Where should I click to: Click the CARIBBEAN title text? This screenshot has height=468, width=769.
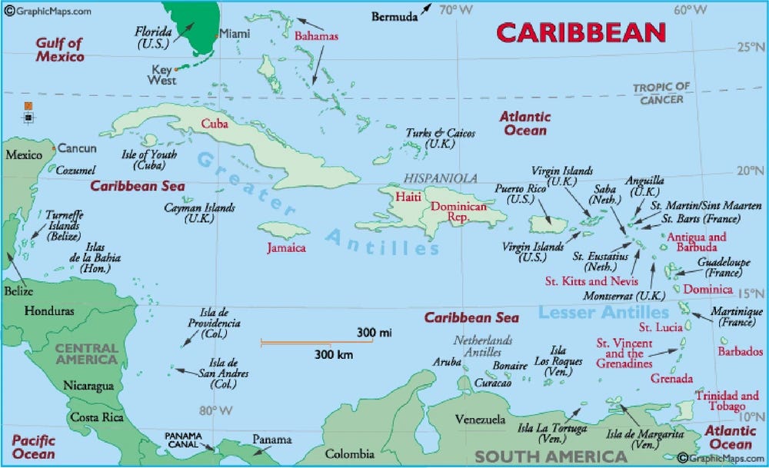tap(581, 32)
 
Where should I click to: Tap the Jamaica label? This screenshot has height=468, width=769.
tap(286, 248)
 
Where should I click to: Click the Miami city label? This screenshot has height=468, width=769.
tap(235, 33)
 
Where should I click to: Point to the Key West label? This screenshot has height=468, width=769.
tap(161, 75)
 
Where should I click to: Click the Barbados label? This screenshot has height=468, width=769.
tap(740, 351)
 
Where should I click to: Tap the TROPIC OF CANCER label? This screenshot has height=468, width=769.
tap(661, 93)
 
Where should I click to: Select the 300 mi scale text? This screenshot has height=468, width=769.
tap(375, 332)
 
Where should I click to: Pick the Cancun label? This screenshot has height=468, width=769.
tap(78, 148)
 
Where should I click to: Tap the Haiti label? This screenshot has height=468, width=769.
tap(408, 197)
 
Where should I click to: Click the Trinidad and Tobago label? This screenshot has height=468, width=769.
tap(726, 400)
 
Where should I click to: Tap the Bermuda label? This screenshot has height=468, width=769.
tap(394, 15)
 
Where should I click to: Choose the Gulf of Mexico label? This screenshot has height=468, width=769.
tap(59, 50)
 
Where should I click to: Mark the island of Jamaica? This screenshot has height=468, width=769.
tap(283, 231)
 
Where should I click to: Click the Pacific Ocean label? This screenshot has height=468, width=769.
tap(33, 447)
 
